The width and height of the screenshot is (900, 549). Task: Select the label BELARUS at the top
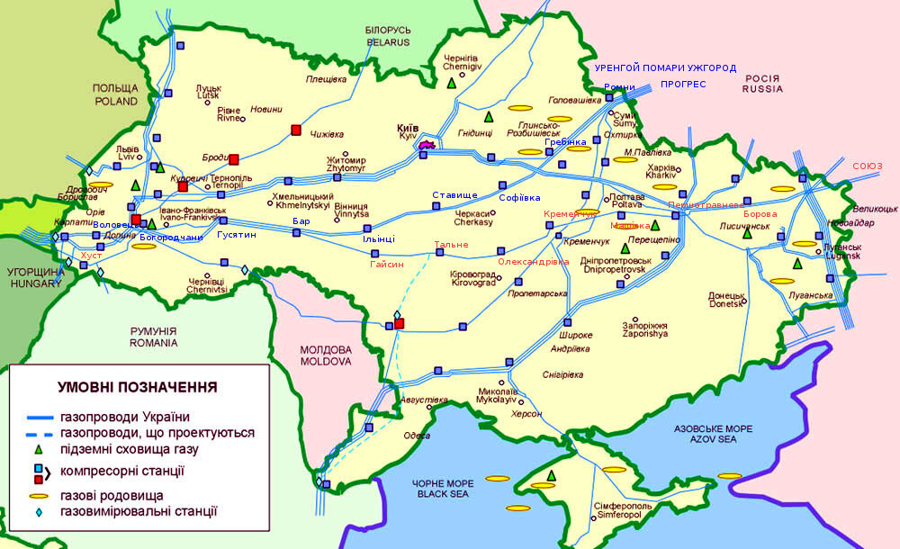point(387,41)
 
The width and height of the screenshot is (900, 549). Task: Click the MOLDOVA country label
point(326,361)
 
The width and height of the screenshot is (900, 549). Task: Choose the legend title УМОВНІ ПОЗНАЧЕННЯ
point(137,387)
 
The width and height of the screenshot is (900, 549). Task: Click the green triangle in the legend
point(37,448)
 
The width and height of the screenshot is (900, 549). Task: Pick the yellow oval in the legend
point(38,496)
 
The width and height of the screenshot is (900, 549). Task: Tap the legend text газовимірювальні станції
point(139,511)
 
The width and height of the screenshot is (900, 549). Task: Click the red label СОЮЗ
point(868,166)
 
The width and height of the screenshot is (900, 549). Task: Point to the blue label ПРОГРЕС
point(683,85)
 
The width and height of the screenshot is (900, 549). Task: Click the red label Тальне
point(451,246)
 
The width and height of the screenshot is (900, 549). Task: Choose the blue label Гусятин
point(236,234)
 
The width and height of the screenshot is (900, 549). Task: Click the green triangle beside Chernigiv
point(451,83)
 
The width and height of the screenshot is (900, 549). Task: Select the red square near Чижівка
point(296,130)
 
